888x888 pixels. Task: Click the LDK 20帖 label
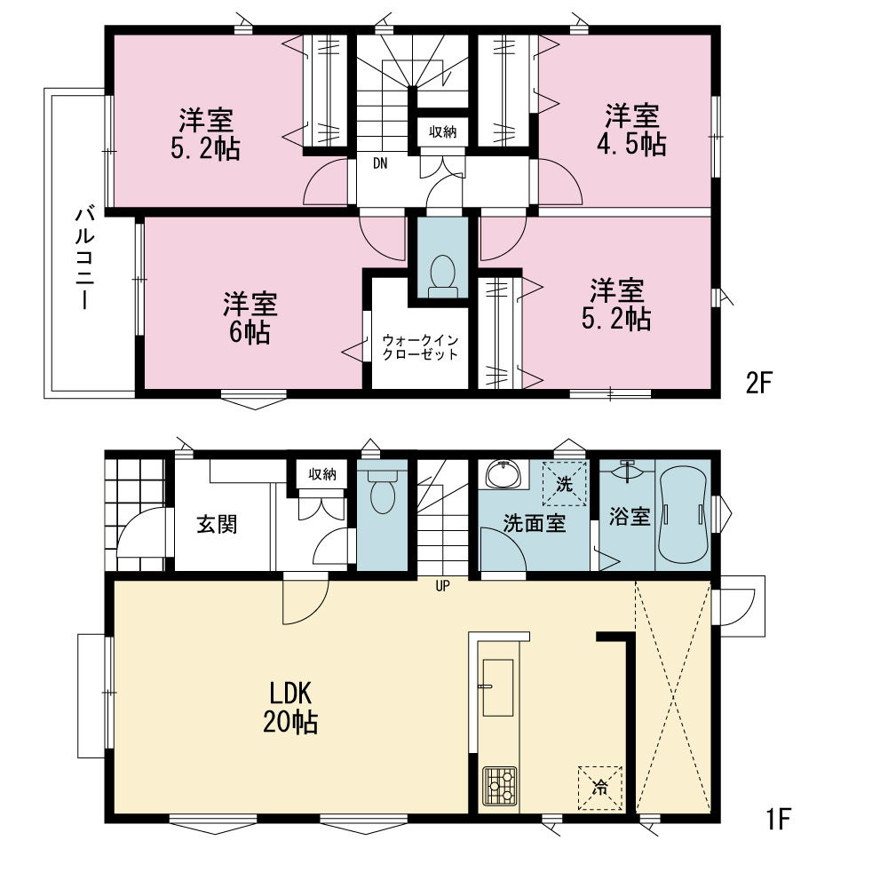coord(290,708)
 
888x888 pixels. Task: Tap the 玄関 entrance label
coord(217,525)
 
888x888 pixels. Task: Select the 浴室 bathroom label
coord(630,517)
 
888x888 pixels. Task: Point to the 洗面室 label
coord(535,523)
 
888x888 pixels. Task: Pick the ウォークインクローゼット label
coord(420,347)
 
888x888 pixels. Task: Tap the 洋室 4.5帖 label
coord(631,130)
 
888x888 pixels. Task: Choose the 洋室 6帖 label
coord(250,318)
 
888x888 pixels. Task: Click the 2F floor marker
coord(759,384)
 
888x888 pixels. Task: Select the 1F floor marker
coord(778,819)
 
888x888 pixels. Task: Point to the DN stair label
coord(380,163)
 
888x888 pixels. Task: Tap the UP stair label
coord(442,586)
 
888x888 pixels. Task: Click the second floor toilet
coord(443,276)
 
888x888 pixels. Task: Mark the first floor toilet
coord(382,491)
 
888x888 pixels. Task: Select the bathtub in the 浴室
coord(684,515)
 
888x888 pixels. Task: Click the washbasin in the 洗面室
coord(503,474)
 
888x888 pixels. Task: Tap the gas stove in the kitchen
coord(499,786)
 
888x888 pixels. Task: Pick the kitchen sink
coord(498,687)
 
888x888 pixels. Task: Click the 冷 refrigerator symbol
coord(599,788)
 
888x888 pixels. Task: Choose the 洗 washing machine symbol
coord(565,484)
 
